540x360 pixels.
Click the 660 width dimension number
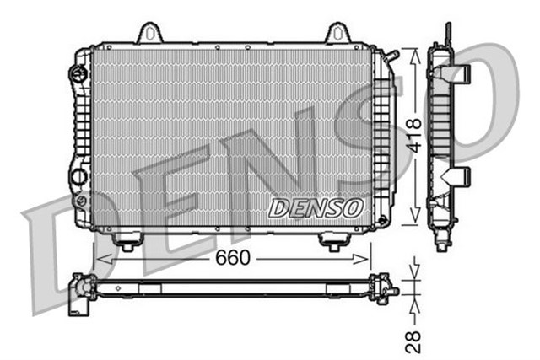(233, 258)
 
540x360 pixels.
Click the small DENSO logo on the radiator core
(316, 207)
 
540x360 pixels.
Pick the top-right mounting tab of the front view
(337, 33)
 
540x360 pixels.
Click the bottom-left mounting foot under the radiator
(127, 243)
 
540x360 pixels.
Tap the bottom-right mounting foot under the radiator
(334, 243)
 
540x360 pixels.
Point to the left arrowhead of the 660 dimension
(100, 258)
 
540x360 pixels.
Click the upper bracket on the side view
(460, 74)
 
